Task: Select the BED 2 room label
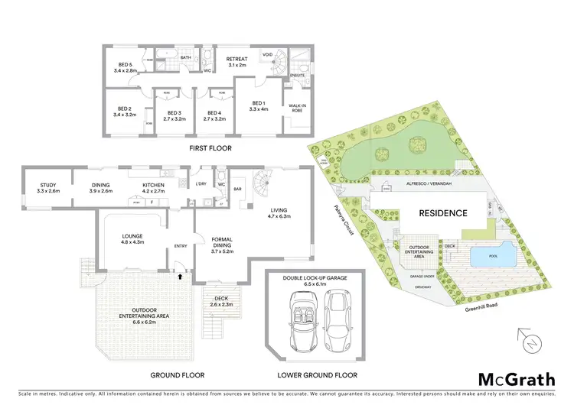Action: (123, 112)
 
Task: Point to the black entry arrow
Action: (181, 277)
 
